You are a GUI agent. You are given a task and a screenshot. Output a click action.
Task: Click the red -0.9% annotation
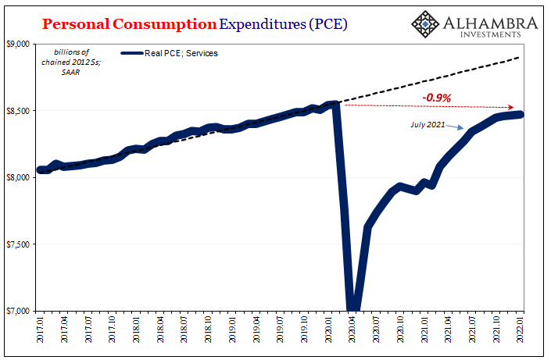click(x=437, y=98)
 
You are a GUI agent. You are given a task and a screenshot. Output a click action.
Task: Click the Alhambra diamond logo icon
click(x=427, y=24)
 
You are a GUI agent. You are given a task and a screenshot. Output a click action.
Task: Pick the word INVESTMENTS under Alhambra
click(x=490, y=34)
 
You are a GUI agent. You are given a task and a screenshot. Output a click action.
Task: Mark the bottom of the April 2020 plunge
click(x=353, y=308)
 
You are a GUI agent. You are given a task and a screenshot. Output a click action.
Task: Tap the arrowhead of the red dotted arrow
click(x=512, y=107)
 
